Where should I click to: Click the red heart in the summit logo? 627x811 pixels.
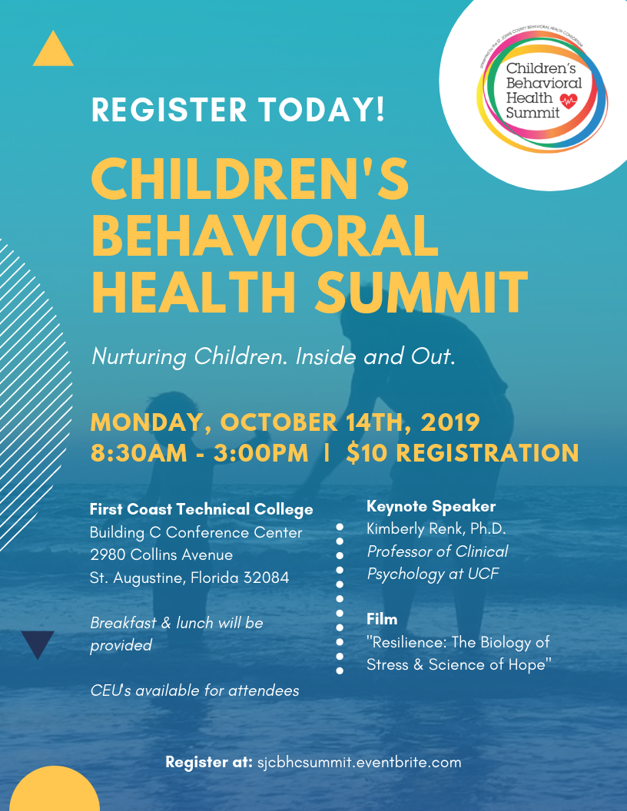[569, 101]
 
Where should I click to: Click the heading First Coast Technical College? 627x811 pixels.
[201, 509]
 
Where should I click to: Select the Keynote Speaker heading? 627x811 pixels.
[431, 506]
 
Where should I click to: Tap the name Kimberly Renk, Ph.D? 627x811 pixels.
[436, 529]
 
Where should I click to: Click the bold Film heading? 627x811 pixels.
[382, 618]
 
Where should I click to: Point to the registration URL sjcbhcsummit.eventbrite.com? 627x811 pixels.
[359, 763]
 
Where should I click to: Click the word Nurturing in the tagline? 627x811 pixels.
[139, 357]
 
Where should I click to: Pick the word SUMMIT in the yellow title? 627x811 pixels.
[423, 293]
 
